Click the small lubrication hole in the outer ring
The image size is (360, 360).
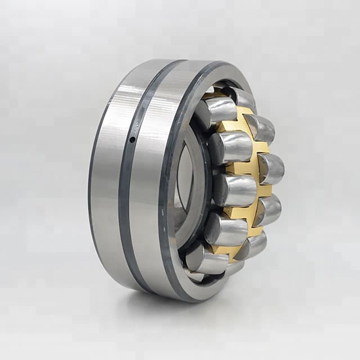coord(132,140)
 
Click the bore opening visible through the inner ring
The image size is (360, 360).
coord(184,175)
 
